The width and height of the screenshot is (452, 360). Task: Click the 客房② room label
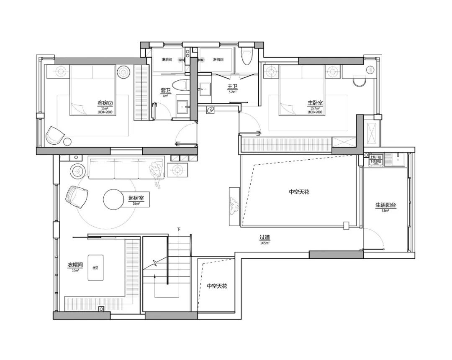105,102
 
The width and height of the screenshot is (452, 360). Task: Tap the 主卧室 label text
315,102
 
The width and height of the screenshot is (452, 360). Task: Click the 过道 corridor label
265,238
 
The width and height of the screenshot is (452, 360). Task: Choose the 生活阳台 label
385,205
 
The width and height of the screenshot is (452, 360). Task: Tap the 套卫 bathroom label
165,90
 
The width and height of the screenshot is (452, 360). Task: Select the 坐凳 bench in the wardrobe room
95,268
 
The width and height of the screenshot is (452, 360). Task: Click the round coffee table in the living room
114,199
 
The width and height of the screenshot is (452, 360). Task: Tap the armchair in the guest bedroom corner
54,135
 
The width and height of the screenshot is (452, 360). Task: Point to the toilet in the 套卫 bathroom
182,85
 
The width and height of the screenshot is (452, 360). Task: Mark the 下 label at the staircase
179,229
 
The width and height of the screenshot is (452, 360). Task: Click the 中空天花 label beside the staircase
216,286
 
